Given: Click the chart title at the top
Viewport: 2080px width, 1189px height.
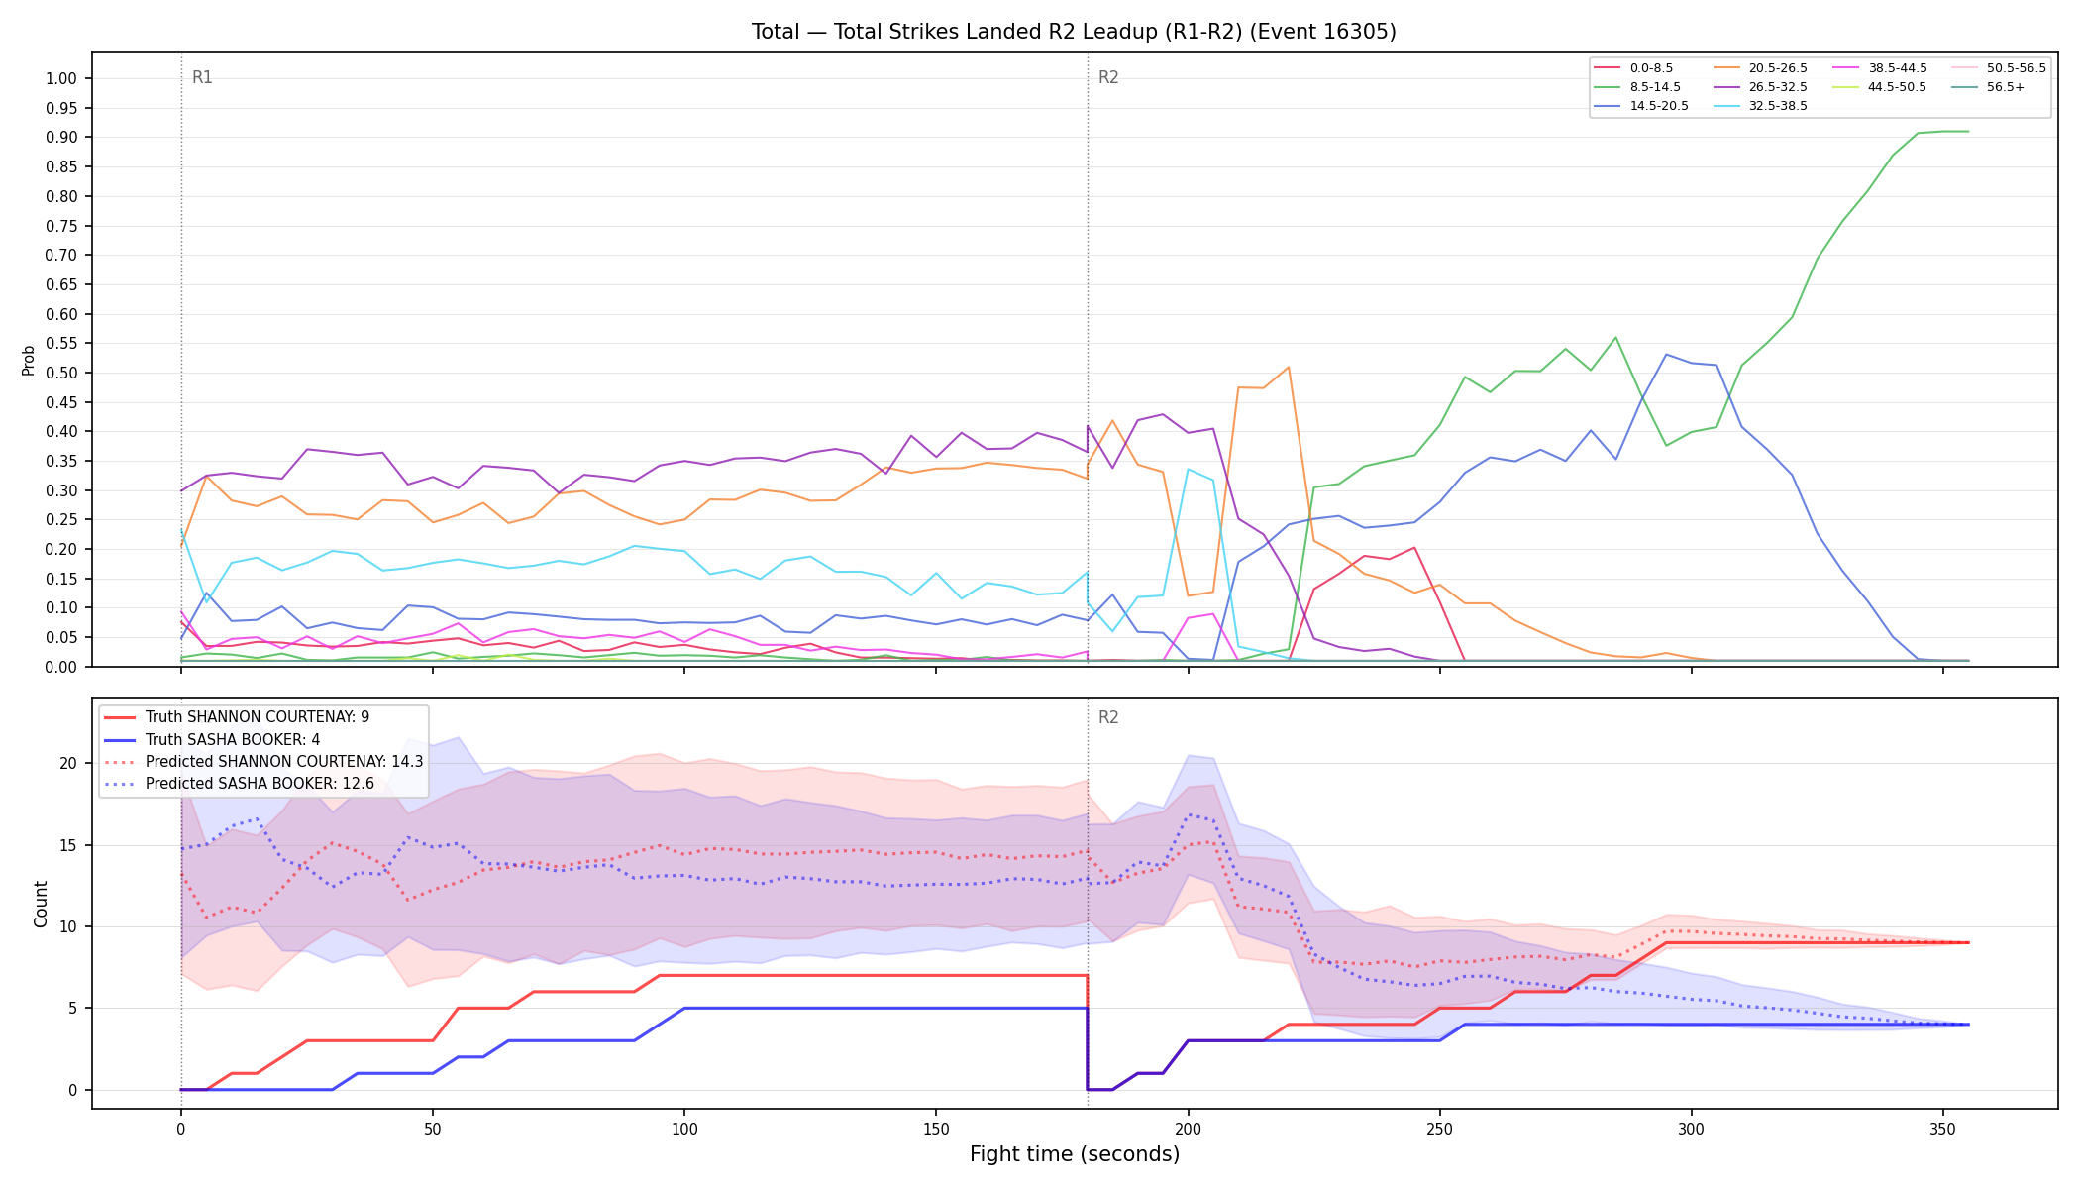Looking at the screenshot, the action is coord(1074,32).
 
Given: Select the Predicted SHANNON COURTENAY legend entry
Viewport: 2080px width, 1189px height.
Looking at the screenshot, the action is coord(263,762).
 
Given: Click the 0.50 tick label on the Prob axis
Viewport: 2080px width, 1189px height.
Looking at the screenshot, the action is coord(61,373).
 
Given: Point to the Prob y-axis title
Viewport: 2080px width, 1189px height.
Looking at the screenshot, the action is coord(29,360).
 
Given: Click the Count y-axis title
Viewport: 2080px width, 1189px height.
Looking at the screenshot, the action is coord(41,904).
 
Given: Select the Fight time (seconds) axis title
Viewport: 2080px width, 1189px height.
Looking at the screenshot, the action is coord(1075,1154).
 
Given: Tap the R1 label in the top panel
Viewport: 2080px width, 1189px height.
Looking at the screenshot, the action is coord(202,77).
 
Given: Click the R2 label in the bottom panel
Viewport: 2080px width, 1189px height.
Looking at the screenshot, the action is coord(1108,717).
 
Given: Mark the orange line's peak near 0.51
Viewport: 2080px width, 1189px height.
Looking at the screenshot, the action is coord(1288,368).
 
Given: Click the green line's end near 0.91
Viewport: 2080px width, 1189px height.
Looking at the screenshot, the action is coord(1968,131).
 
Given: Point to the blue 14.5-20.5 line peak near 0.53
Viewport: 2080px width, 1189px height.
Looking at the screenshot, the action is coord(1666,355).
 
